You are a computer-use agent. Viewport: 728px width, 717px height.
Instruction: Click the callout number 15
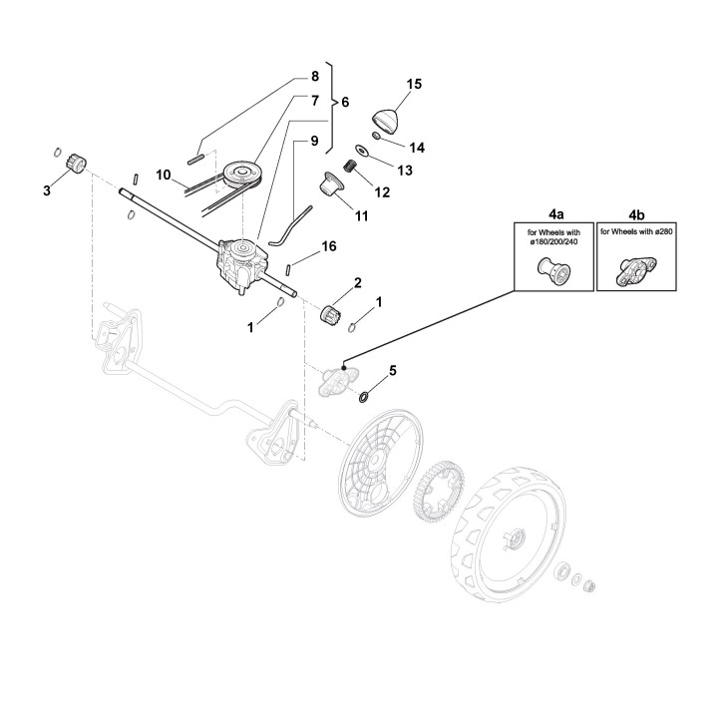pyautogui.click(x=415, y=84)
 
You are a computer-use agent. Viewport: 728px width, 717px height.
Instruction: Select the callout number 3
pyautogui.click(x=47, y=188)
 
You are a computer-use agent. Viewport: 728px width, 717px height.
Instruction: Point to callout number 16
pyautogui.click(x=328, y=245)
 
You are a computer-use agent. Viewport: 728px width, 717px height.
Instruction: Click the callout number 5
pyautogui.click(x=392, y=371)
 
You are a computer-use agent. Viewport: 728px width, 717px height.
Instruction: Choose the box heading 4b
pyautogui.click(x=634, y=212)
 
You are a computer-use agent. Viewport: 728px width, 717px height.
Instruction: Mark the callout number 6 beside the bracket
pyautogui.click(x=345, y=103)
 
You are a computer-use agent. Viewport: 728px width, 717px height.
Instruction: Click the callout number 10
pyautogui.click(x=164, y=175)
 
